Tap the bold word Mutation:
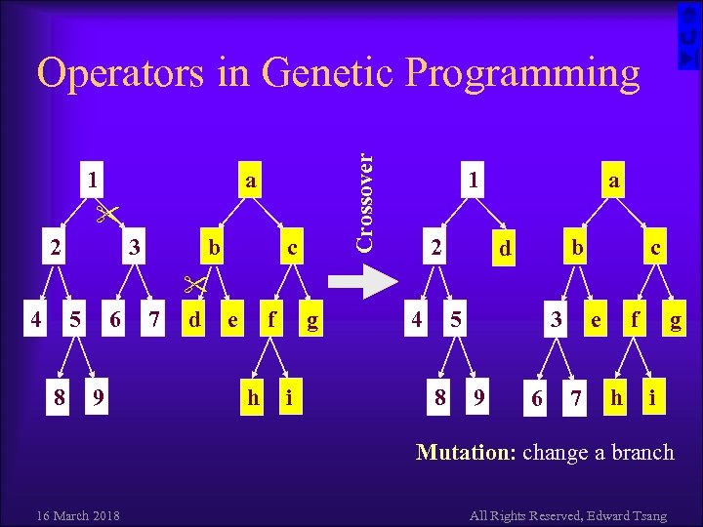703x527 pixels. coord(467,452)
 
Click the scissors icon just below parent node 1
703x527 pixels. coord(106,212)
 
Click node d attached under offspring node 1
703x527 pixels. coord(504,250)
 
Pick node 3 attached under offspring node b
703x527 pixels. coord(556,319)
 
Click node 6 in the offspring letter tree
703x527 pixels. coord(536,398)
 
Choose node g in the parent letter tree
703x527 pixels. coord(311,319)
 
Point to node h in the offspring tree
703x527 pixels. coord(616,398)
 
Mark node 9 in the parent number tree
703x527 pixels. coord(95,398)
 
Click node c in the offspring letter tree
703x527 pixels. coord(656,249)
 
